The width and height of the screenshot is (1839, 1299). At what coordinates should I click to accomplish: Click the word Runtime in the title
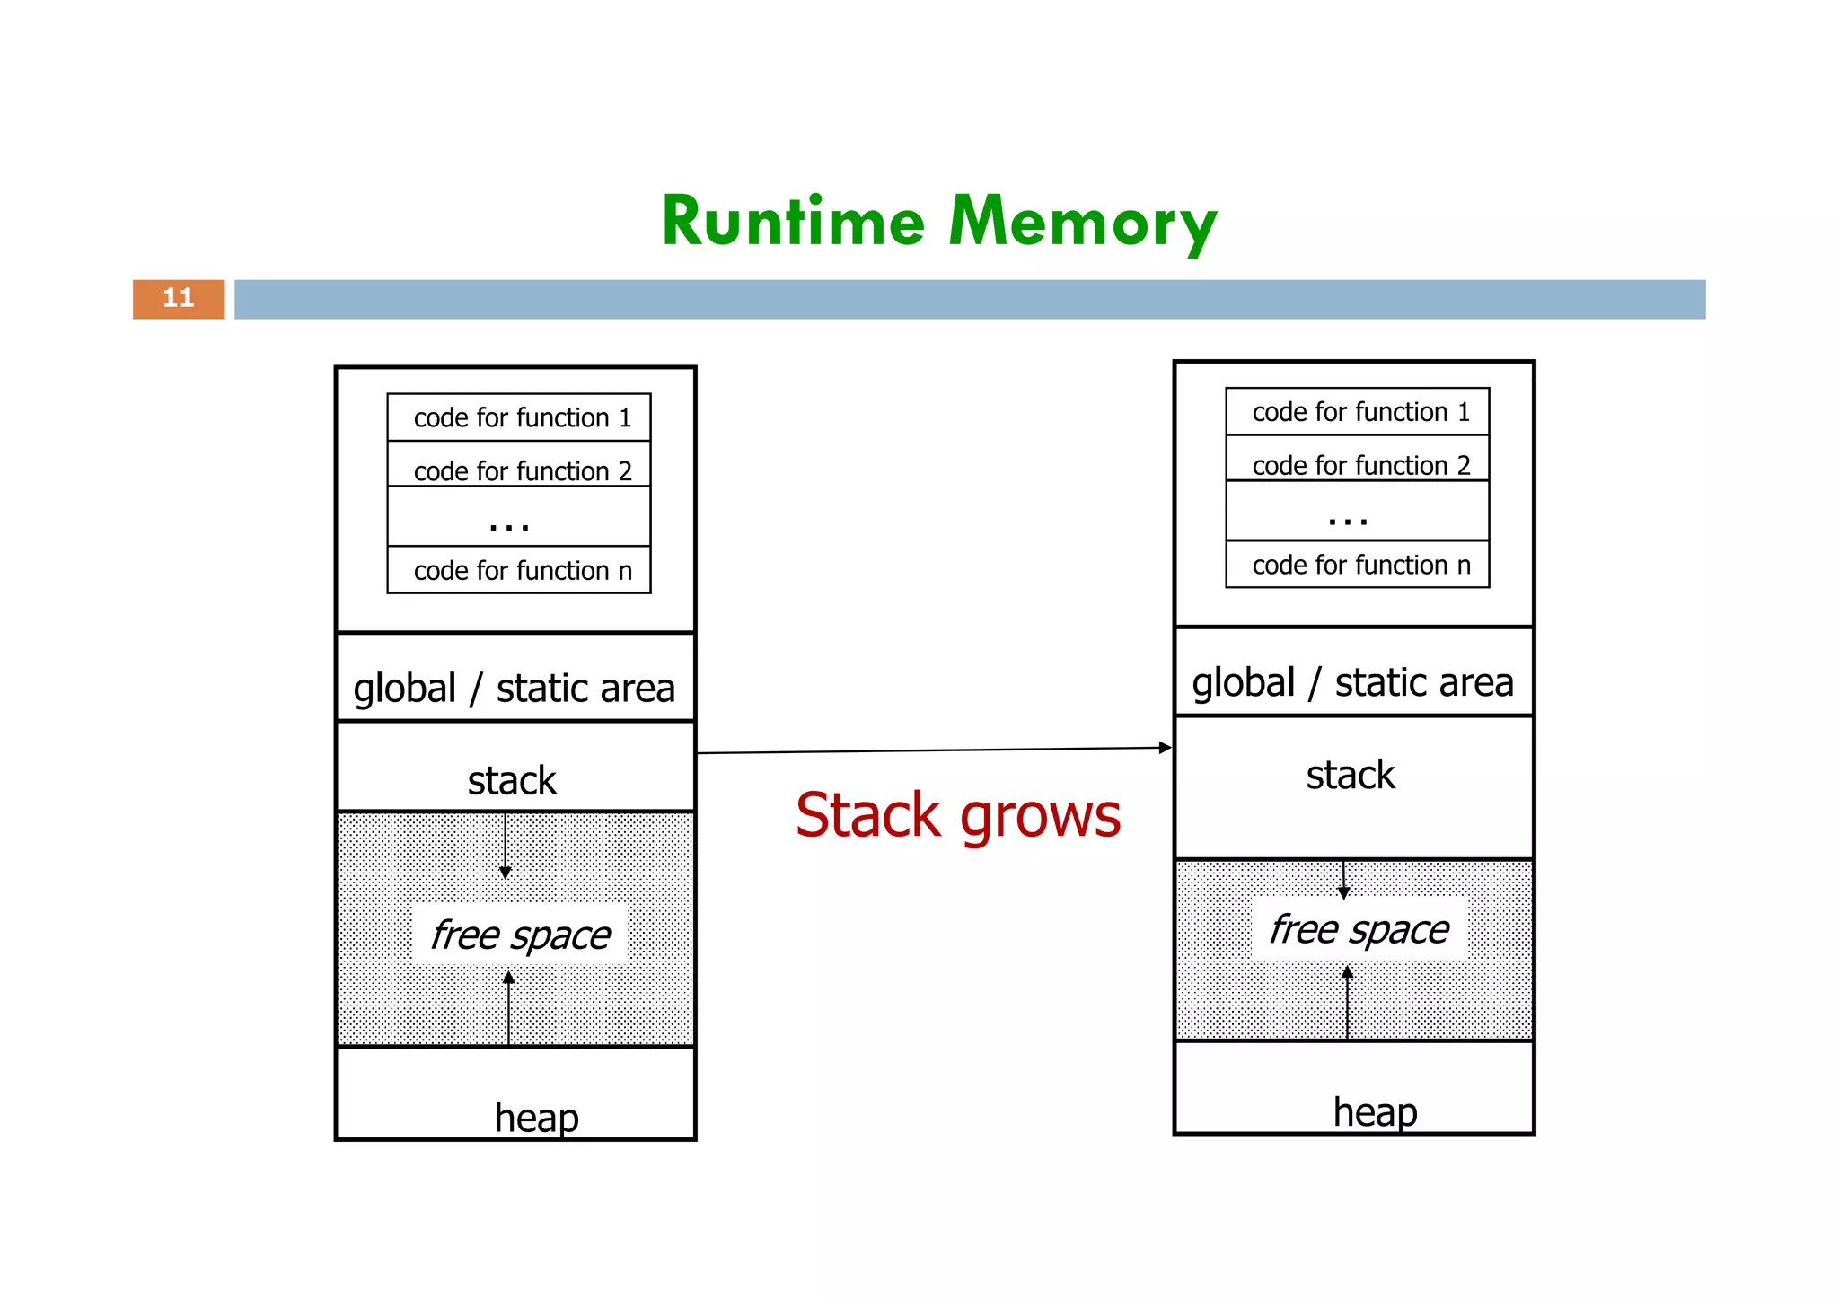click(x=793, y=222)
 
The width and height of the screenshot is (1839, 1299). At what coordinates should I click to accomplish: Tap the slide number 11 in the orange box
click(x=179, y=298)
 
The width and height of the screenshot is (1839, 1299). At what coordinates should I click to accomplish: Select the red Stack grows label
click(x=958, y=815)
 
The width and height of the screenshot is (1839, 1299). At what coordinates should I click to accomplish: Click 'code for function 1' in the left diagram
click(x=522, y=417)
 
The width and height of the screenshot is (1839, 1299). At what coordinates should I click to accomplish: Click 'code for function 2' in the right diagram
click(x=1360, y=465)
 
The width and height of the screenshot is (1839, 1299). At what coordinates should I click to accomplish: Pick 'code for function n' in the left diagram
click(x=522, y=570)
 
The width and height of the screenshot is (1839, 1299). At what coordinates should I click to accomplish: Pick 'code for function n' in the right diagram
click(x=1360, y=565)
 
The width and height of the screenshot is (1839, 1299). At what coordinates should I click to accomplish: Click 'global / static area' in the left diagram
click(x=514, y=689)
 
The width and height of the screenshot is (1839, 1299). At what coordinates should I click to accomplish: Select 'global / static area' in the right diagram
click(x=1352, y=683)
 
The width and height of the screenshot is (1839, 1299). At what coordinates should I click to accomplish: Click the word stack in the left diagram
click(x=512, y=780)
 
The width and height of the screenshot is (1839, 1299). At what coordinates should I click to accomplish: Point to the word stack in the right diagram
click(x=1351, y=775)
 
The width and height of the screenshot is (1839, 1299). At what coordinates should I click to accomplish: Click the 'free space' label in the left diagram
click(x=520, y=935)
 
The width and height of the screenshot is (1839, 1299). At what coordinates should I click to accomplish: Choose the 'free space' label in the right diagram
click(x=1359, y=929)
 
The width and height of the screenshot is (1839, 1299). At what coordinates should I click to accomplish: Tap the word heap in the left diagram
click(x=536, y=1118)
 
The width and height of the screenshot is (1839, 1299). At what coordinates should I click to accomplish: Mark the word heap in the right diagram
click(x=1375, y=1112)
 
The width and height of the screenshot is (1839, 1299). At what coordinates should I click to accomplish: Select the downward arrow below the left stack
click(x=505, y=848)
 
